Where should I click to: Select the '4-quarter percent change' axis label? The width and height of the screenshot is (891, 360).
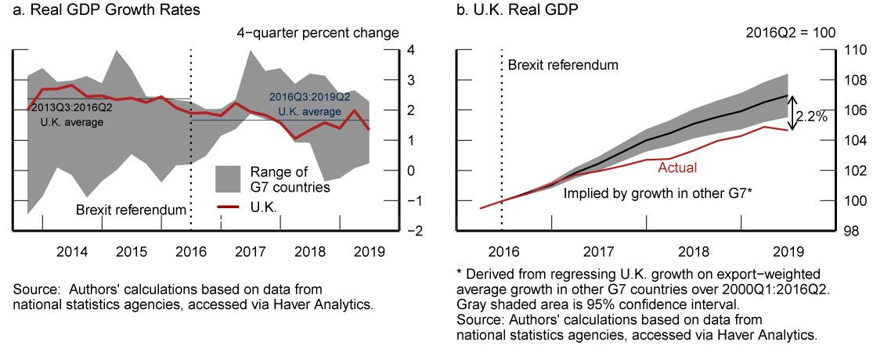pos(318,33)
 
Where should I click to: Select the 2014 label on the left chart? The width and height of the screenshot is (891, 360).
pos(72,251)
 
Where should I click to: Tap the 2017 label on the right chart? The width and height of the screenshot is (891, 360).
pos(597,251)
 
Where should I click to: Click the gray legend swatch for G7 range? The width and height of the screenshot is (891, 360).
pos(229,179)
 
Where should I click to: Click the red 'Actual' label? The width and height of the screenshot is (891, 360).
pos(677,167)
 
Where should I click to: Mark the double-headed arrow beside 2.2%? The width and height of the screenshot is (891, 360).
pos(792,113)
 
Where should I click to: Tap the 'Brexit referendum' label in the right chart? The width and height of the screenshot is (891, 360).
pos(563,65)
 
